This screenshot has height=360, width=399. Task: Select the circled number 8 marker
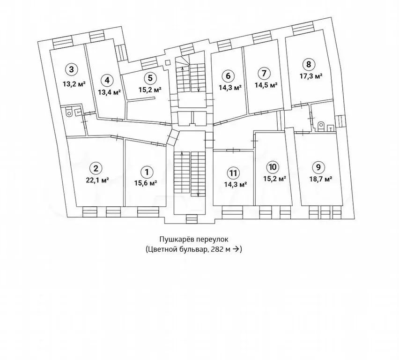tap(308, 65)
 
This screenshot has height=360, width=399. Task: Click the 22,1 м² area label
tap(97, 179)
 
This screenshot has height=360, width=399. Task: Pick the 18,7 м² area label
tap(320, 179)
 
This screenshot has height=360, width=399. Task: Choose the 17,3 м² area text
tap(311, 75)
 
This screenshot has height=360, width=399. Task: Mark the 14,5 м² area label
tap(266, 85)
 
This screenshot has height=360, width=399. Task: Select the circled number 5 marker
tap(148, 78)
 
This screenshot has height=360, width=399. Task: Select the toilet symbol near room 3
tap(69, 112)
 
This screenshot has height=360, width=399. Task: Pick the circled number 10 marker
tap(272, 167)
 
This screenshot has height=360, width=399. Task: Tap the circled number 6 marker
tap(228, 75)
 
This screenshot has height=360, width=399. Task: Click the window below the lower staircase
tap(191, 218)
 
